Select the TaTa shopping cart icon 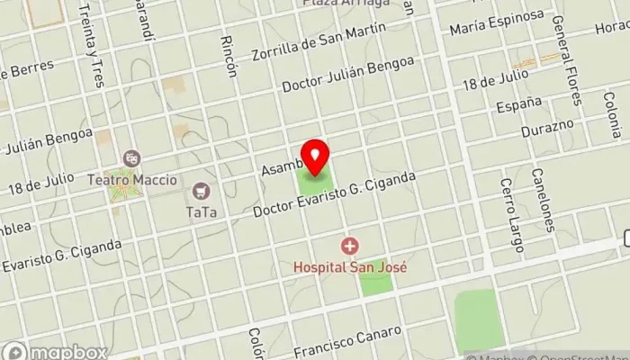[200, 191]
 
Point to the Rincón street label [229, 56]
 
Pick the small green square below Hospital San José [375, 282]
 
